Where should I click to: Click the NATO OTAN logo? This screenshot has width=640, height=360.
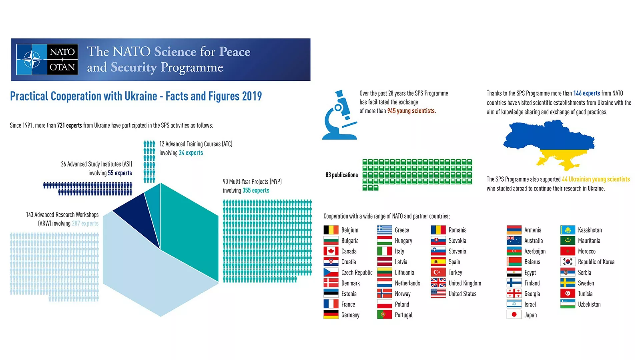47,59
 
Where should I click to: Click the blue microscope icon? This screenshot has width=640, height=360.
339,115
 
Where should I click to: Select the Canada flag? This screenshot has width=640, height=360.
331,251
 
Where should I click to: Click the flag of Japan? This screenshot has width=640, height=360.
514,315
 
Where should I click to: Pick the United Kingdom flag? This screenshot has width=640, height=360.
438,283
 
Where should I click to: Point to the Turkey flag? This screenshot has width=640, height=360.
438,272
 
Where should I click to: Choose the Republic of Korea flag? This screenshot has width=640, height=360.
567,262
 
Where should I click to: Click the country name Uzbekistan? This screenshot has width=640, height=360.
589,304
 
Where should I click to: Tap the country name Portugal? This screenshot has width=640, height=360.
403,315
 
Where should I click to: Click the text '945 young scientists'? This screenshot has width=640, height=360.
411,111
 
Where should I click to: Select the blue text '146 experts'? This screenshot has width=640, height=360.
586,93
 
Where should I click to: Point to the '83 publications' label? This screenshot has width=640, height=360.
342,175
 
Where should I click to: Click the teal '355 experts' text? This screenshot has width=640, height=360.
256,190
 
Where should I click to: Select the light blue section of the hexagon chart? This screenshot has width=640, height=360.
150,273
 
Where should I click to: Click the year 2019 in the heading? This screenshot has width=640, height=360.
252,96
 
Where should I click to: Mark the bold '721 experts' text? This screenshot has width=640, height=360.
69,126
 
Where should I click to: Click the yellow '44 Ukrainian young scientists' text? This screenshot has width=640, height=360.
596,179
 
